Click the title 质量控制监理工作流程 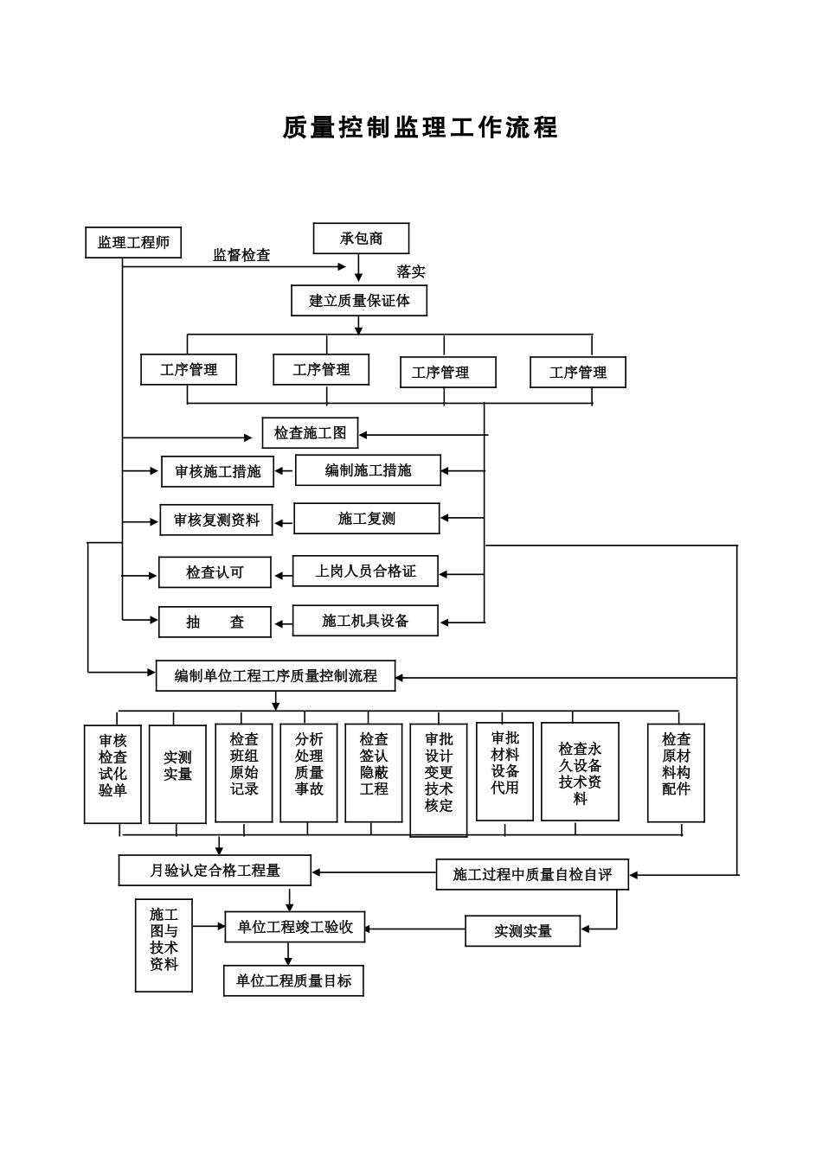421,128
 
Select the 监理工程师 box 133,243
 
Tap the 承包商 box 361,239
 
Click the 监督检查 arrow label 241,255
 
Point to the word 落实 411,271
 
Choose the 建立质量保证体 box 359,301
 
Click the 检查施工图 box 310,433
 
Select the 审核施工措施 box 217,472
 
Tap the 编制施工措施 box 368,470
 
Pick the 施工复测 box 366,519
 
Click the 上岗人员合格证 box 365,571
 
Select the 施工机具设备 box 365,621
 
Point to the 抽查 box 215,622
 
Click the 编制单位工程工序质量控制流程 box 275,676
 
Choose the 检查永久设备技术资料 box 580,772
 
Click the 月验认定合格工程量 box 215,871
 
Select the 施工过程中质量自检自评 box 532,875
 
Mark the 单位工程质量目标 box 293,981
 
